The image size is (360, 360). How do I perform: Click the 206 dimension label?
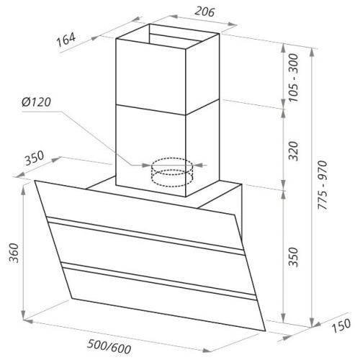(x=204, y=12)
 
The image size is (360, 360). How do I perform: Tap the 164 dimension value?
(x=66, y=40)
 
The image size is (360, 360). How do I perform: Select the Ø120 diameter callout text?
(x=36, y=102)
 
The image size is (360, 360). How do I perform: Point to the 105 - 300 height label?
(x=293, y=78)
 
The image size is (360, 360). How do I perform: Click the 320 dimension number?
(x=293, y=151)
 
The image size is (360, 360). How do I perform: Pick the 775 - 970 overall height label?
(x=323, y=185)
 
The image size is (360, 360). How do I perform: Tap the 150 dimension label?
(x=341, y=325)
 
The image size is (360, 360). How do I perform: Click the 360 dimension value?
(x=14, y=253)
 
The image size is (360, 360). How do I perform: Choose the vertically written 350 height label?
(x=293, y=257)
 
